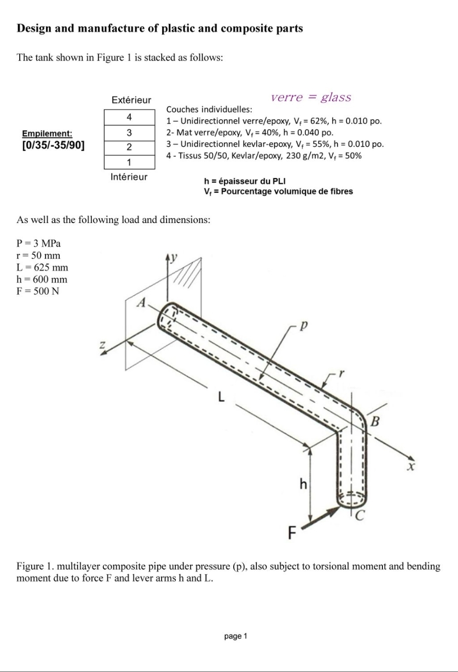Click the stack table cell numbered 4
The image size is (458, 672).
(129, 117)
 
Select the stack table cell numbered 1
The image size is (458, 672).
(129, 162)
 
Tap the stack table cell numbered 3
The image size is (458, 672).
(129, 133)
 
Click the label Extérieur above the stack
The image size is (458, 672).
(131, 100)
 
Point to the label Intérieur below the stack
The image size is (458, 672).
(129, 177)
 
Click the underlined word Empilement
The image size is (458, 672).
(47, 134)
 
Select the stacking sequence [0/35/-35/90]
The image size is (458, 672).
(53, 145)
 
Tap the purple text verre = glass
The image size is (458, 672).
(311, 97)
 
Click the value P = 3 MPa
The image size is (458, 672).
(39, 243)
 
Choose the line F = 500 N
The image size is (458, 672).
(38, 291)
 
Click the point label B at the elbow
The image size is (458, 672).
(375, 421)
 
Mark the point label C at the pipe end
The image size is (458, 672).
(360, 516)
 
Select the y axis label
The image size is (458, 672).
(174, 257)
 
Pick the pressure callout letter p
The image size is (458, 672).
(304, 326)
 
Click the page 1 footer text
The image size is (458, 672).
(235, 636)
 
